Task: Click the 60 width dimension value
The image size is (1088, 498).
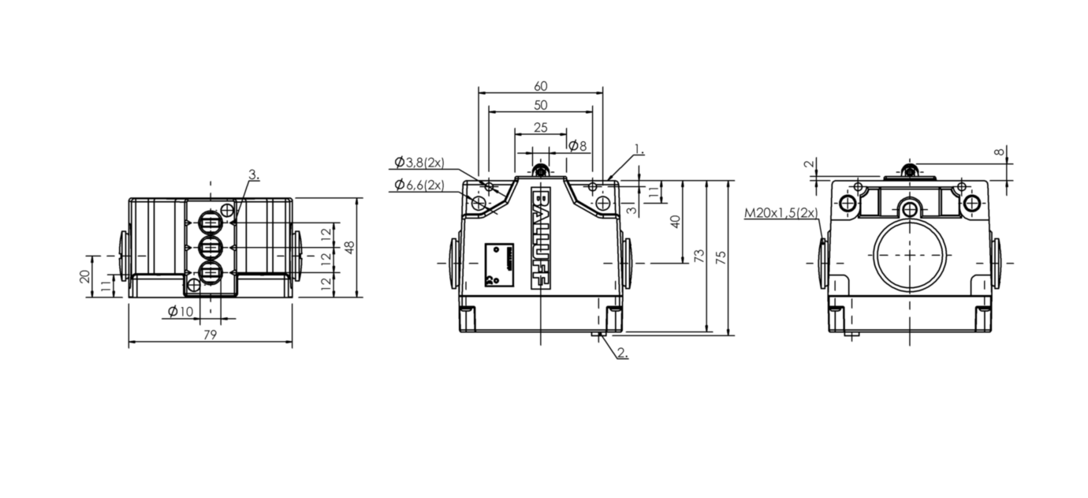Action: pyautogui.click(x=541, y=86)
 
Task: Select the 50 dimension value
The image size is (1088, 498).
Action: pyautogui.click(x=541, y=105)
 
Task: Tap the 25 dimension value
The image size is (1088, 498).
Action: pyautogui.click(x=541, y=127)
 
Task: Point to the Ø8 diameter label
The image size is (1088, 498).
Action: pyautogui.click(x=578, y=145)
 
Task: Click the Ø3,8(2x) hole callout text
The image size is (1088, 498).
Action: pyautogui.click(x=419, y=162)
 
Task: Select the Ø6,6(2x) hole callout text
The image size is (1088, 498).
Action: pyautogui.click(x=419, y=185)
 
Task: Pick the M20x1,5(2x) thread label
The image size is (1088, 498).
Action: pyautogui.click(x=781, y=213)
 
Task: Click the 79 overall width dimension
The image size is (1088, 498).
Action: pyautogui.click(x=210, y=335)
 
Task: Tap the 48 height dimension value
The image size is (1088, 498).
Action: pyautogui.click(x=349, y=248)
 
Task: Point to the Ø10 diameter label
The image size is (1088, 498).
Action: pyautogui.click(x=181, y=311)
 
